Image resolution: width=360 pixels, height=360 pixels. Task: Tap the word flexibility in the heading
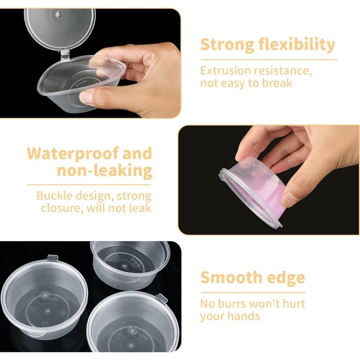(297, 45)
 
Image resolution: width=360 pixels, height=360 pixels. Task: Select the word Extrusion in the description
(222, 71)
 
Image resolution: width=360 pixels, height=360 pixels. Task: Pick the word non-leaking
(104, 171)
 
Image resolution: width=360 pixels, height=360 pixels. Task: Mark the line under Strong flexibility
(268, 59)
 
